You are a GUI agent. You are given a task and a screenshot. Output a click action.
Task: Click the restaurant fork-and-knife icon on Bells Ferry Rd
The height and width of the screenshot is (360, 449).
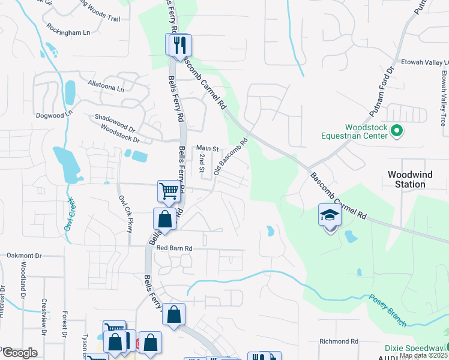pyautogui.click(x=178, y=44)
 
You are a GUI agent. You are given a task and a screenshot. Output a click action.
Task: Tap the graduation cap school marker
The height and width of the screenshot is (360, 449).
pyautogui.click(x=329, y=215)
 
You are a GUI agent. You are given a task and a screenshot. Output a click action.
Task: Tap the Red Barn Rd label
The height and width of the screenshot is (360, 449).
pyautogui.click(x=174, y=248)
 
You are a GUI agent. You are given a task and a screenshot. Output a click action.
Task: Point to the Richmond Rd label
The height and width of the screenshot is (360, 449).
pyautogui.click(x=339, y=341)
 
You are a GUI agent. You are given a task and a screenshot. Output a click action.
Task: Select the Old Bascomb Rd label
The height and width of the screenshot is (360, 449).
pyautogui.click(x=231, y=157)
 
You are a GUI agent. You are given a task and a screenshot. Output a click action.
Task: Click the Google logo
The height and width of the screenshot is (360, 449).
pyautogui.click(x=19, y=353)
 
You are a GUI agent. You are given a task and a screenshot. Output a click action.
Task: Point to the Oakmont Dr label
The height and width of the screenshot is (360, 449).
pyautogui.click(x=24, y=256)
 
